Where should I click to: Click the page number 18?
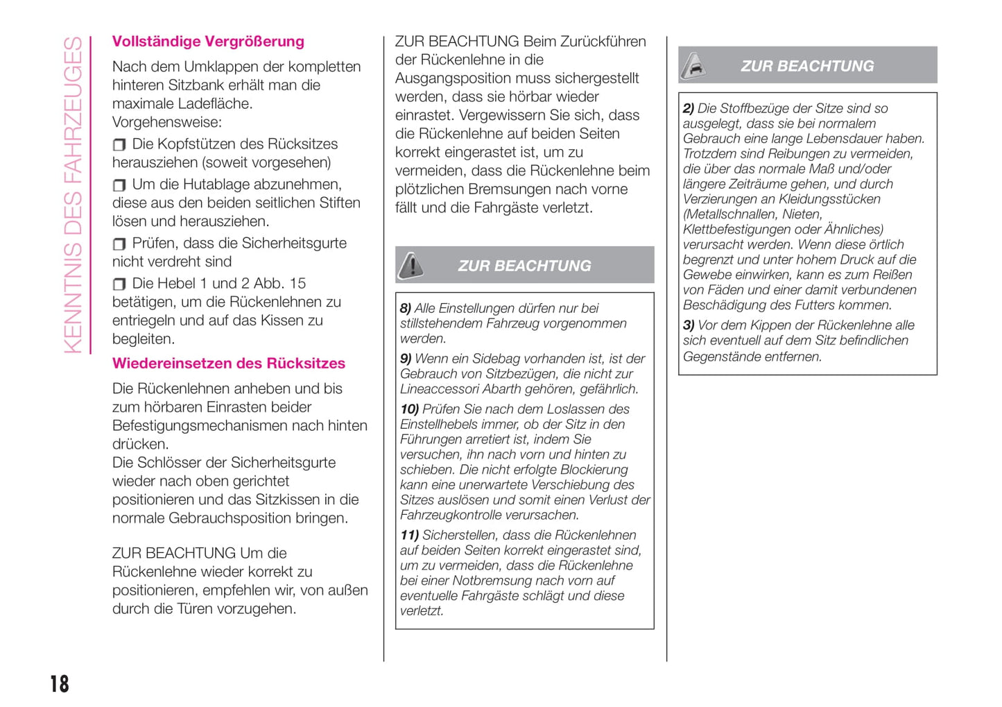click(x=60, y=683)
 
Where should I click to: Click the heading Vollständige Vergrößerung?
click(x=208, y=42)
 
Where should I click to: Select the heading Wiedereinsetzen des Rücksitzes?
click(x=229, y=364)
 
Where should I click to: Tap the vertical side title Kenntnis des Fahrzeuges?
click(x=73, y=194)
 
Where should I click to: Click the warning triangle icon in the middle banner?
click(x=411, y=265)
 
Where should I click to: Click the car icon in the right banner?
click(x=693, y=66)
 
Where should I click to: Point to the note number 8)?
click(x=406, y=308)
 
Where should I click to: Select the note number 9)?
click(x=406, y=359)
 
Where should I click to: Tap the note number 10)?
click(x=409, y=409)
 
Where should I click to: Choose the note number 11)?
click(x=409, y=535)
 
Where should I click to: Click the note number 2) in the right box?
click(x=689, y=108)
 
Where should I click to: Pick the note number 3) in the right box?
click(x=689, y=325)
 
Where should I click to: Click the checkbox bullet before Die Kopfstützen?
click(x=119, y=145)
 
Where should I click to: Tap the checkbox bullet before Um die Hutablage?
click(x=119, y=185)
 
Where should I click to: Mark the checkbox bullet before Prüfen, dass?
click(x=119, y=244)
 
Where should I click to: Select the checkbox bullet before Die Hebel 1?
click(x=119, y=284)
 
